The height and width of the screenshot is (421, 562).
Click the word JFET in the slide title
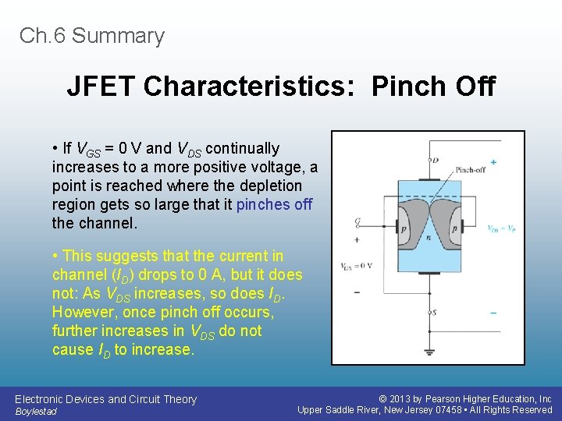click(101, 87)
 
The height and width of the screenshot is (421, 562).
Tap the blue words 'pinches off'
click(274, 204)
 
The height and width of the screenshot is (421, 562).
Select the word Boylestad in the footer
click(36, 411)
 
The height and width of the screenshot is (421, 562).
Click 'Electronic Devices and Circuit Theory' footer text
click(106, 399)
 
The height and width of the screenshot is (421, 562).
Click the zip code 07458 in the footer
click(449, 410)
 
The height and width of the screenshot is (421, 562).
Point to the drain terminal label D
click(436, 161)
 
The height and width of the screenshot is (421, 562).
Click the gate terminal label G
click(357, 222)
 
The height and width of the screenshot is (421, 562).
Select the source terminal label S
click(435, 312)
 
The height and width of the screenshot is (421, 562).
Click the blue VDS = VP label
click(500, 229)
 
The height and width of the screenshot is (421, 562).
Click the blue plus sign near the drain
click(493, 162)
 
